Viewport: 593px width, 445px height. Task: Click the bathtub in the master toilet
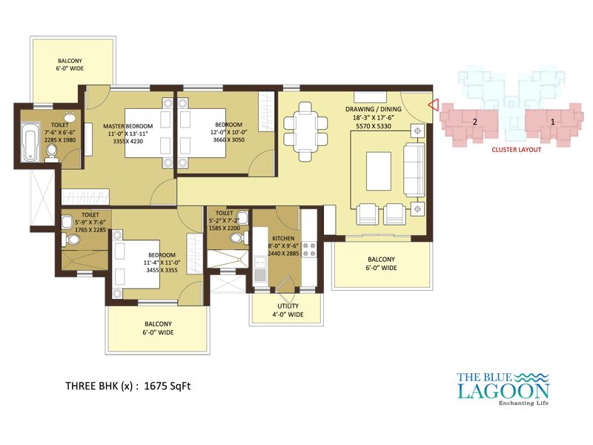coord(30,142)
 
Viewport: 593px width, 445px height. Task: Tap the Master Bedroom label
coord(127,126)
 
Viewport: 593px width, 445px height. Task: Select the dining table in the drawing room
coord(305,132)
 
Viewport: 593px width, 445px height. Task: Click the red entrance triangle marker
coord(433,105)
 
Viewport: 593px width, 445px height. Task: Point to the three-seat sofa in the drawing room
coord(414,169)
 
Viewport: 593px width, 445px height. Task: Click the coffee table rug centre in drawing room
coord(379,171)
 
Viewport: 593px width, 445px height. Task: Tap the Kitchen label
coord(283,238)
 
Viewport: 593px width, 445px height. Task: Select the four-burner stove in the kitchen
coord(309,249)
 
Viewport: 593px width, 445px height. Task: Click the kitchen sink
coord(259,268)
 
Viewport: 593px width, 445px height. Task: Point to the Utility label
coord(288,306)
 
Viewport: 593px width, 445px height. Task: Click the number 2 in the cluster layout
coord(475,122)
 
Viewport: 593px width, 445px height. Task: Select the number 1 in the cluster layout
coord(552,122)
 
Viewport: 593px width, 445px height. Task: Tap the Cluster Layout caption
coord(516,150)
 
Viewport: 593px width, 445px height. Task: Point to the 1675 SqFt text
coord(168,386)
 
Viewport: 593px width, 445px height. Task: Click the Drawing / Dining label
coord(374,109)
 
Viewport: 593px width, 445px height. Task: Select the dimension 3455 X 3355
coord(162,270)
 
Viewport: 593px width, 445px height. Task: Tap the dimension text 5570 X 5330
coord(374,126)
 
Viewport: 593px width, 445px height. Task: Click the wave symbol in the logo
coord(531,377)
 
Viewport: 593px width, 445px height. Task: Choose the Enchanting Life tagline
coord(523,403)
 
